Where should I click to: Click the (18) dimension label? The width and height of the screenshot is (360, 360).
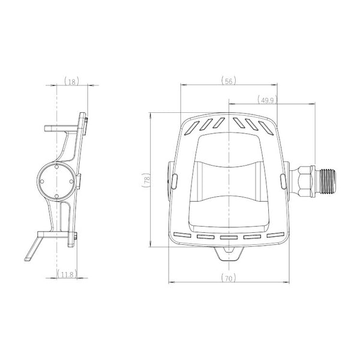pos(72,82)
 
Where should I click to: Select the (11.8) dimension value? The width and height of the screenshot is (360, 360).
pos(67,274)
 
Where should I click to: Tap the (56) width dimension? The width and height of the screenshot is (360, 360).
pos(229,81)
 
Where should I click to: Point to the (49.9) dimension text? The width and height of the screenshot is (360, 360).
pos(267,100)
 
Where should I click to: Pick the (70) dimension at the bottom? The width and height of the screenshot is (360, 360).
pos(229,278)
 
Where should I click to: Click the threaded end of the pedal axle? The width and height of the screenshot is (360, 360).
pos(326,181)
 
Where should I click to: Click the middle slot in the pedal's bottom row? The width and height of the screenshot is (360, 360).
pos(229,237)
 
